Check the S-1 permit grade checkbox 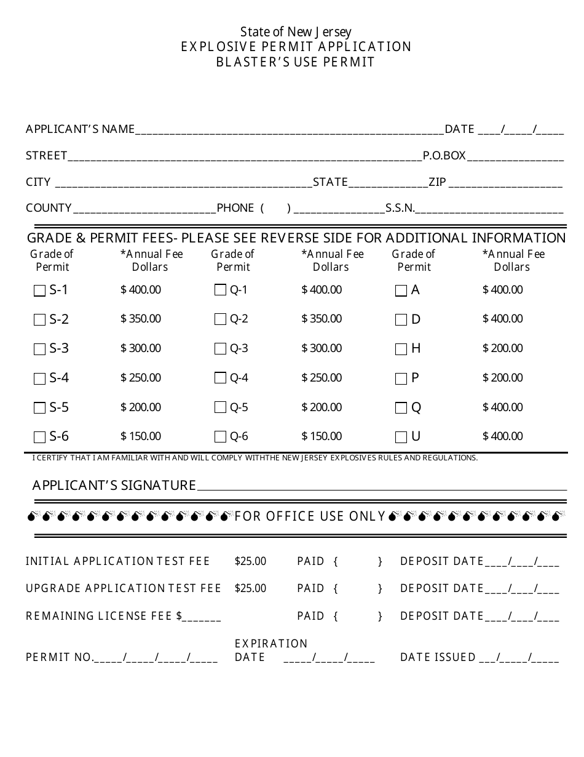point(39,290)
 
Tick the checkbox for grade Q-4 point(220,378)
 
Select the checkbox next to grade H point(401,349)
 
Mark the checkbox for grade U point(401,437)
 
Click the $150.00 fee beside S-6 point(141,436)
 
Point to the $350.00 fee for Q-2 point(322,319)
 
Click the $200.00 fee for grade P point(502,377)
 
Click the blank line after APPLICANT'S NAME point(289,130)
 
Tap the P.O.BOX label point(444,156)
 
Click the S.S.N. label point(400,208)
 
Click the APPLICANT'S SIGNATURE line point(381,487)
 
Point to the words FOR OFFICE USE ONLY point(310,516)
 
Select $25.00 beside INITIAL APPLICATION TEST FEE point(250,561)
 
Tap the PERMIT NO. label point(59,657)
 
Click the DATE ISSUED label point(437,657)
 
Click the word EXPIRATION point(271,643)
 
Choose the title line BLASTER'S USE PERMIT point(296,62)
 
